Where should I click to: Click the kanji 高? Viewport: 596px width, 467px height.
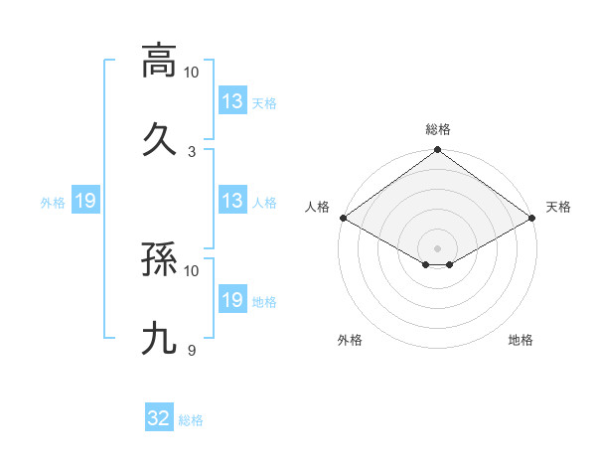pos(159,61)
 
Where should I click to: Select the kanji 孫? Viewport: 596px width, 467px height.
pos(159,260)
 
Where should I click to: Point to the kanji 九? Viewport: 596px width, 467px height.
pos(159,339)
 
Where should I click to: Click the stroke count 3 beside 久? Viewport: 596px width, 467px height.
pos(192,151)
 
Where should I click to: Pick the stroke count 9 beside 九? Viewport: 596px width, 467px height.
pos(192,351)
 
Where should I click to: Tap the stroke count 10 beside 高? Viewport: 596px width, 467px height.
pos(192,73)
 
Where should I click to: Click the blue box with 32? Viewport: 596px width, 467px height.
pos(159,419)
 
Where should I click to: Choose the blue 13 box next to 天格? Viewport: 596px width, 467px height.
pos(232,101)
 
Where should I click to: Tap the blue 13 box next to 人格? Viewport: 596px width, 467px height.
pos(232,201)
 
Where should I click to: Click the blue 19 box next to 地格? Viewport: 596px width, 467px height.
pos(232,300)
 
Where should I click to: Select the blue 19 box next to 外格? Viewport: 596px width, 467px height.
pos(85,201)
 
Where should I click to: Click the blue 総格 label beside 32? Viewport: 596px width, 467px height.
pos(191,420)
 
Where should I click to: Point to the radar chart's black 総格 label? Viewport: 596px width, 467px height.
pos(438,129)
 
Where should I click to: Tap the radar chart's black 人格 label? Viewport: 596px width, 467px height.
pos(318,207)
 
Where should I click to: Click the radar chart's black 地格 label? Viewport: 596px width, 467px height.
pos(521,340)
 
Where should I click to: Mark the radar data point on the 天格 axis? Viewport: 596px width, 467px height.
pos(532,218)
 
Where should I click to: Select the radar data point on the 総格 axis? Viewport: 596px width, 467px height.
pos(438,151)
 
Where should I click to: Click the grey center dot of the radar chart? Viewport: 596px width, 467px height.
pos(438,247)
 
